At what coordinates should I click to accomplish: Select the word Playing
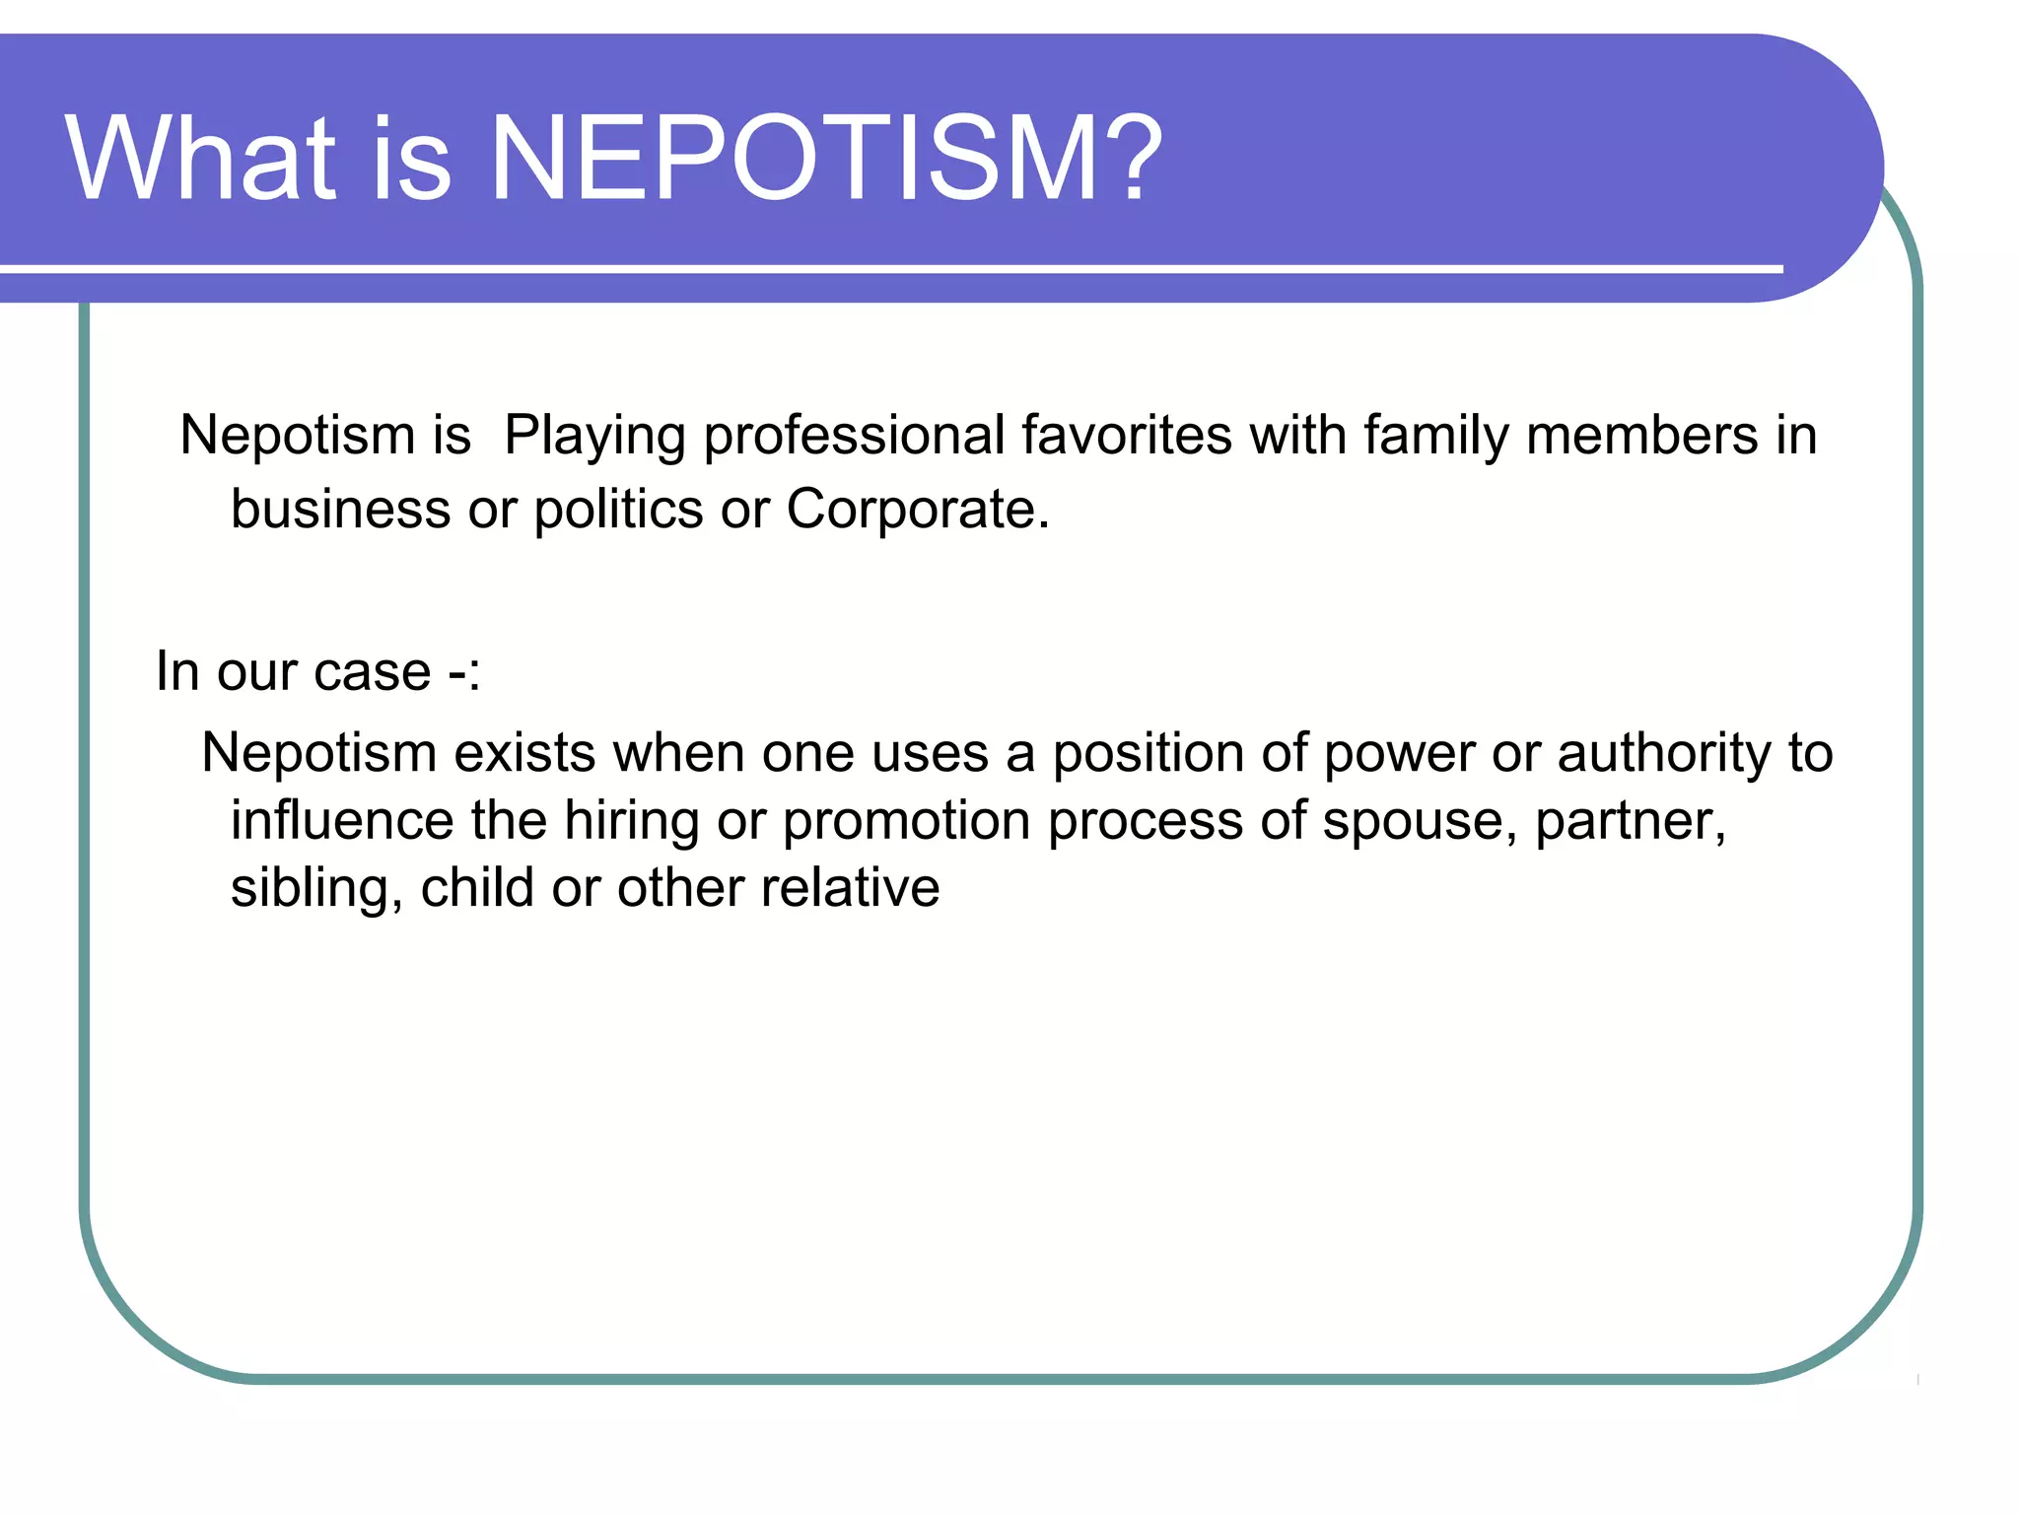593,437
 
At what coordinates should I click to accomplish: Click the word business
340,510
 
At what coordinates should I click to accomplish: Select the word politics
618,512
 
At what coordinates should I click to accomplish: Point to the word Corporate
916,512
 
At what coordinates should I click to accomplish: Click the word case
374,673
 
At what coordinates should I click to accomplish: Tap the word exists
523,754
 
